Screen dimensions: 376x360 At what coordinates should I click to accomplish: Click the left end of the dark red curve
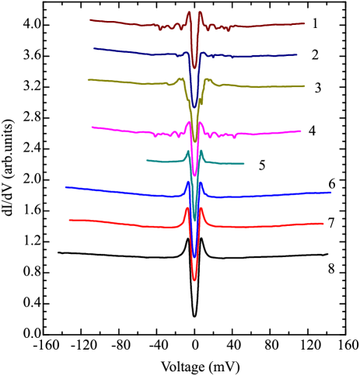[x=90, y=20]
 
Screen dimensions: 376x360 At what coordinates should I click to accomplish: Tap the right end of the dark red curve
[x=304, y=23]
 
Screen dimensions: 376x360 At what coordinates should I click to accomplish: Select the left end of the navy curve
[x=94, y=49]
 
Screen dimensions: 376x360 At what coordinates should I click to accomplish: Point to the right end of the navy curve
[x=297, y=55]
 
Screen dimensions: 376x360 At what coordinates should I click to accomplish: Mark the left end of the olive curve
[x=88, y=79]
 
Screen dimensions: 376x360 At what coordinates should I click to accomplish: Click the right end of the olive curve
[x=304, y=86]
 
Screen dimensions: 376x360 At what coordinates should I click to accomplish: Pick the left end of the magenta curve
[x=92, y=127]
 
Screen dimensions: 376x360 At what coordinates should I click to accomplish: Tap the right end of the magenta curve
[x=301, y=131]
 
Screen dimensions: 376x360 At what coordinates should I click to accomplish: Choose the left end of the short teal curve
[x=147, y=161]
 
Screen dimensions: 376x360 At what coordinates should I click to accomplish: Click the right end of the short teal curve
[x=244, y=163]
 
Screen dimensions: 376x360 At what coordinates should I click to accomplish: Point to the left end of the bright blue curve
[x=66, y=187]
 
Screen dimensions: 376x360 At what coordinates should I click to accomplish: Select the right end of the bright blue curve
[x=331, y=192]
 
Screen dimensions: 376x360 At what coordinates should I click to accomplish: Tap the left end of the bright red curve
[x=69, y=221]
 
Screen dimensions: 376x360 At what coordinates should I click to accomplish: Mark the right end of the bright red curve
[x=323, y=224]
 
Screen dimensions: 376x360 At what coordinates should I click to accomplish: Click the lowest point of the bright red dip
[x=194, y=279]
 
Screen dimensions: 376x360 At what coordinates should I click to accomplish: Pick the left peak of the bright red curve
[x=187, y=207]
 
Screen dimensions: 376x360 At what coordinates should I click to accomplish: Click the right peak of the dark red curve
[x=201, y=12]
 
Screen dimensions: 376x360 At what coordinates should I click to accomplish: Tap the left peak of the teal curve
[x=187, y=151]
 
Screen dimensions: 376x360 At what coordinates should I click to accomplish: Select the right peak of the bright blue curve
[x=201, y=183]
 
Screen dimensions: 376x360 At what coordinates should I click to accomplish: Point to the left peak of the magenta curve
[x=188, y=122]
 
